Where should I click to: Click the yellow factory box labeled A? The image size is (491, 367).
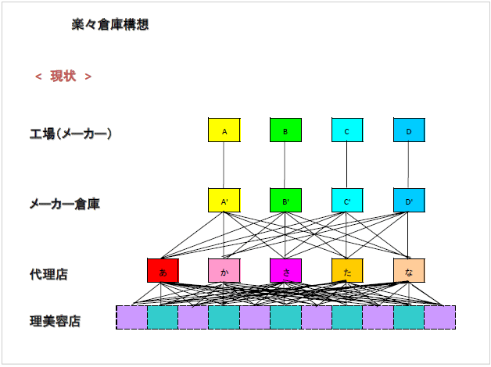click(224, 130)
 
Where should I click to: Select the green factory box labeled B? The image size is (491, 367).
click(285, 130)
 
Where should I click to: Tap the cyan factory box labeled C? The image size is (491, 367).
click(346, 130)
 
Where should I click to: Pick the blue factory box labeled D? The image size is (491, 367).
click(408, 130)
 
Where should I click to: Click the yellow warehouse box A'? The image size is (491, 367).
click(224, 201)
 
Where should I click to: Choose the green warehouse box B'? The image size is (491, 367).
click(285, 201)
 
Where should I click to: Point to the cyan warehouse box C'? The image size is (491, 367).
click(346, 201)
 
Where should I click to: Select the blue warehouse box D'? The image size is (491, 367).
click(408, 201)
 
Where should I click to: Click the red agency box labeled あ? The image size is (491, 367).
click(163, 270)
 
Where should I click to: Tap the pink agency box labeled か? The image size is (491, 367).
click(224, 270)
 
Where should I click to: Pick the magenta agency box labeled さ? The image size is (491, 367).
click(285, 270)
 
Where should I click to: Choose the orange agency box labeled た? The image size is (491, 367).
click(346, 270)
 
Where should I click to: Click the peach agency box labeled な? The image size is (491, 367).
click(408, 270)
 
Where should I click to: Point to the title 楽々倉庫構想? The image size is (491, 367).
click(109, 25)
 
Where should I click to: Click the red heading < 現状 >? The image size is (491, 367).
click(63, 76)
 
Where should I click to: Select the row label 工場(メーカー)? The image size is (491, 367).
click(71, 134)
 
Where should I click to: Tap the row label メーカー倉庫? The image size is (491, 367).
click(64, 204)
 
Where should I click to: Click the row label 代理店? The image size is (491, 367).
click(48, 274)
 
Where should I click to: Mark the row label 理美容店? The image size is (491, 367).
click(55, 320)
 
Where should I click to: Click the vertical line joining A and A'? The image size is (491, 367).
click(224, 166)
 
